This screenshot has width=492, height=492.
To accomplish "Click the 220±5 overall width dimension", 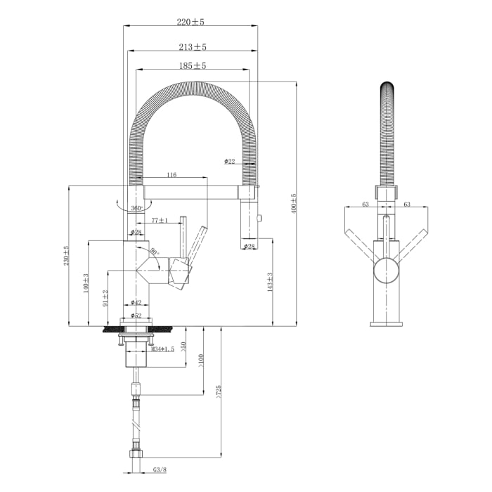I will [x=190, y=22].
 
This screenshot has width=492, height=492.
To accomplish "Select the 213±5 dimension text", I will [x=192, y=46].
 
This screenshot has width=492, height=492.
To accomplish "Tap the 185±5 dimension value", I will [x=192, y=66].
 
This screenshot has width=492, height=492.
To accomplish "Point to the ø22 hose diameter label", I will [x=230, y=162].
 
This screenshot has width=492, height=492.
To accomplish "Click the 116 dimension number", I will [x=171, y=174].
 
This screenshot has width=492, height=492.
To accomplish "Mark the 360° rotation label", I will [x=136, y=208].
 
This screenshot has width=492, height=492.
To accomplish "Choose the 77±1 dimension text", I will [x=159, y=221].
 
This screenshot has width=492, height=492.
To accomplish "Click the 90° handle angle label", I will [x=153, y=252].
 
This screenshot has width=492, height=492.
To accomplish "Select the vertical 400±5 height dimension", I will [x=294, y=204].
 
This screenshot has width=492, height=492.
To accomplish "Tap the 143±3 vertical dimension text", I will [x=270, y=283].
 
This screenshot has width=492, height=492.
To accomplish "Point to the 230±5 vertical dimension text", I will [x=67, y=256].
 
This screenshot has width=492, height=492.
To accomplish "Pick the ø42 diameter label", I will [x=136, y=302].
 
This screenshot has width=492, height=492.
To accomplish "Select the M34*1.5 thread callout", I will [x=162, y=349].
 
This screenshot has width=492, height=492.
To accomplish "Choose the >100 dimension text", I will [x=200, y=359].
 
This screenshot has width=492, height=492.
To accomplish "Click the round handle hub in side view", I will [x=385, y=270].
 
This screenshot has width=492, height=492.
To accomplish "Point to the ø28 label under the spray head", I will [x=250, y=246].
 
